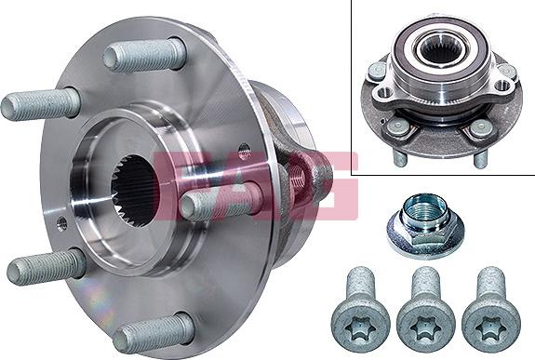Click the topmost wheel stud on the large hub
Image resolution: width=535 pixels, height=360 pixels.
tap(140, 56)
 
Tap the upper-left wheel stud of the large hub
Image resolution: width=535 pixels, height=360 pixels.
tap(41, 103)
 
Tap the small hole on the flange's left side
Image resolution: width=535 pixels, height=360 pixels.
tap(61, 222)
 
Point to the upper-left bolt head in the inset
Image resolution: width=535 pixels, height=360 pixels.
tap(378, 70)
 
